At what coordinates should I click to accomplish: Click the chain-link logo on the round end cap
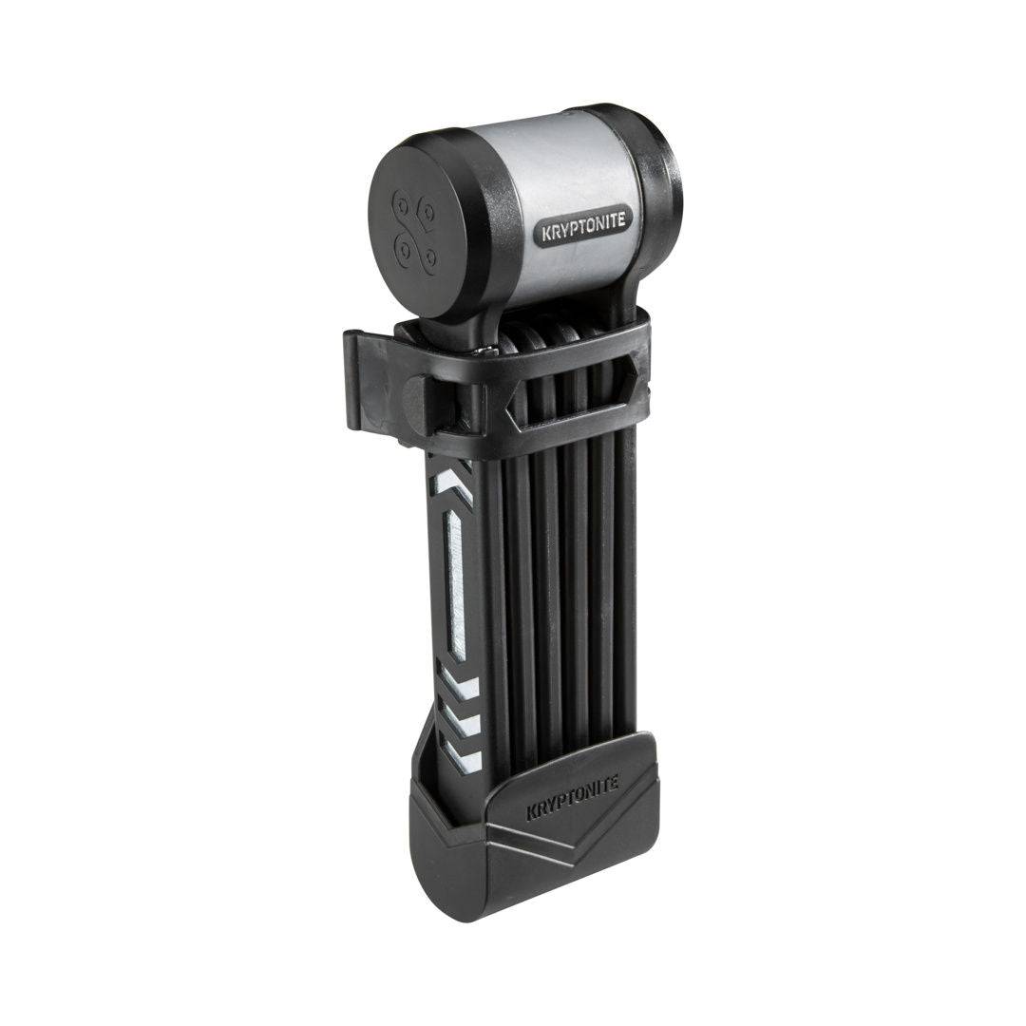coord(413,234)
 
